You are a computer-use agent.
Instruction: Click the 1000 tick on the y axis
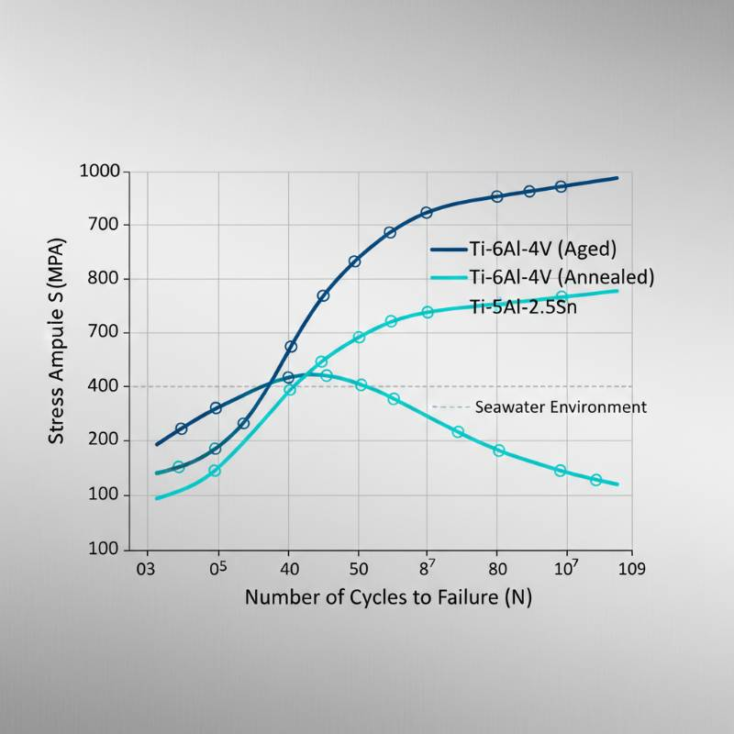[100, 172]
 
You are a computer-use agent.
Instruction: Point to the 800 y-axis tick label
[108, 279]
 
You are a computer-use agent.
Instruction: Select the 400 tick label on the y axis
[108, 386]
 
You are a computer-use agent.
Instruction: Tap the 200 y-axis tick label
[108, 440]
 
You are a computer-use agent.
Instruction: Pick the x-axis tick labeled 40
[288, 568]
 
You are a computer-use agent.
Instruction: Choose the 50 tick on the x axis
[358, 568]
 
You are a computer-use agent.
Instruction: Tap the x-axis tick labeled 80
[497, 568]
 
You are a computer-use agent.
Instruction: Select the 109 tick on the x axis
[632, 568]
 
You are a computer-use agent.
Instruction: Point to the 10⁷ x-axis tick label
[565, 566]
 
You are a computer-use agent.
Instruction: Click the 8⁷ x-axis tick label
[427, 566]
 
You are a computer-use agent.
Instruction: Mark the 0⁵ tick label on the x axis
[217, 566]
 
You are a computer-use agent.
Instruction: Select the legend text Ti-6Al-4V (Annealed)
[562, 277]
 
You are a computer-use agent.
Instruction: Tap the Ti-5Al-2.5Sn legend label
[523, 306]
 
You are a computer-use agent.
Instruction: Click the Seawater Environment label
[561, 406]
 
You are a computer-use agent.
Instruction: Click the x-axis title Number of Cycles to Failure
[388, 597]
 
